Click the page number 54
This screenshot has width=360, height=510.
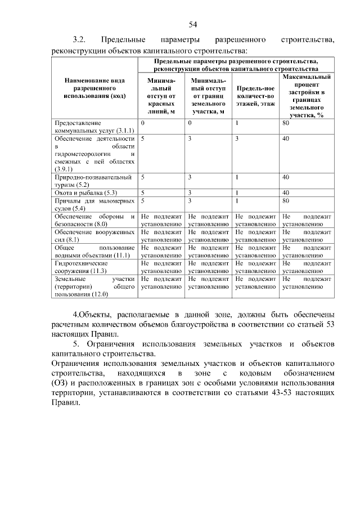pyautogui.click(x=192, y=24)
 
